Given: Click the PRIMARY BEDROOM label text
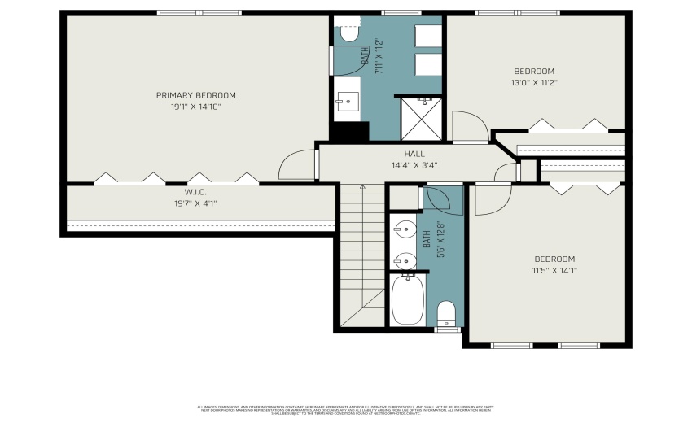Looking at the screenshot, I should pyautogui.click(x=195, y=95).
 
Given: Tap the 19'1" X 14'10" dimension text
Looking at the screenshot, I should pyautogui.click(x=195, y=107).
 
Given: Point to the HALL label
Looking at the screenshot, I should pyautogui.click(x=414, y=154).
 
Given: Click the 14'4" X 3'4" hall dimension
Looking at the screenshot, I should pyautogui.click(x=414, y=165).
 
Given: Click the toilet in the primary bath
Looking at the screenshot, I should pyautogui.click(x=348, y=33).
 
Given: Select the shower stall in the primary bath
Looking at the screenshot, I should pyautogui.click(x=421, y=118).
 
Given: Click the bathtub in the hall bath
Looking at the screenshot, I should pyautogui.click(x=407, y=299).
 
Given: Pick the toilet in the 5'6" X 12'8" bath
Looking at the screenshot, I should pyautogui.click(x=447, y=312).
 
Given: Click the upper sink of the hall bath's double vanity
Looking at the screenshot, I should pyautogui.click(x=402, y=227).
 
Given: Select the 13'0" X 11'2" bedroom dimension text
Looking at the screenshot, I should pyautogui.click(x=533, y=82).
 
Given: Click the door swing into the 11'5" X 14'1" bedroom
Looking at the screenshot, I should pyautogui.click(x=492, y=200).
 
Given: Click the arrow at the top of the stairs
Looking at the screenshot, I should pyautogui.click(x=363, y=187).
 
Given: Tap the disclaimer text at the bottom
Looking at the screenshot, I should pyautogui.click(x=345, y=409).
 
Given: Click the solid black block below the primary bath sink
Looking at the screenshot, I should pyautogui.click(x=350, y=131).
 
